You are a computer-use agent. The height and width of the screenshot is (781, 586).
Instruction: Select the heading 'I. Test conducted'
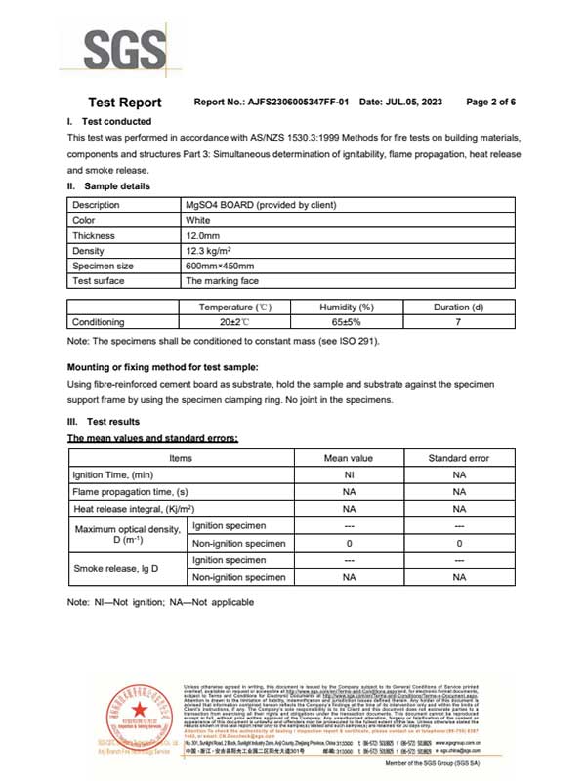click(x=108, y=121)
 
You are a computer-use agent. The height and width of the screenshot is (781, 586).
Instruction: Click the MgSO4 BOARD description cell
click(x=261, y=205)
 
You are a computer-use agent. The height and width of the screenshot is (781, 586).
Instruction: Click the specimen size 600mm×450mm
click(x=220, y=266)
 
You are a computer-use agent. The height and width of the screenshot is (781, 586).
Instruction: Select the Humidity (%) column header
click(x=347, y=308)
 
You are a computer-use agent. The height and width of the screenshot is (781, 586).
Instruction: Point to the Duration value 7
click(x=458, y=322)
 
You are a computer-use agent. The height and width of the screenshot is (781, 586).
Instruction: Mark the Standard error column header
click(x=459, y=458)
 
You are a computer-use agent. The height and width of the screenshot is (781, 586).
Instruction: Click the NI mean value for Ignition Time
click(x=349, y=473)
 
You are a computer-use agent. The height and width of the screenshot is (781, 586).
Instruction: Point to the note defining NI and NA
click(x=160, y=602)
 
